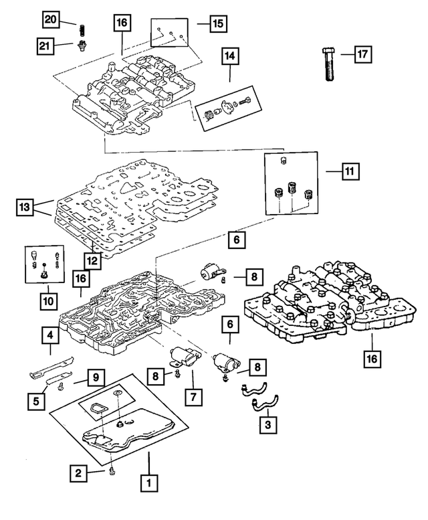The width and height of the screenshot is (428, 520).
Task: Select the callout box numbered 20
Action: pyautogui.click(x=51, y=19)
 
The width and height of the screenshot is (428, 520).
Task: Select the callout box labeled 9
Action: pyautogui.click(x=96, y=378)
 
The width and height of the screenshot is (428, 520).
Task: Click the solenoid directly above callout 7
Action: pyautogui.click(x=181, y=355)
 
